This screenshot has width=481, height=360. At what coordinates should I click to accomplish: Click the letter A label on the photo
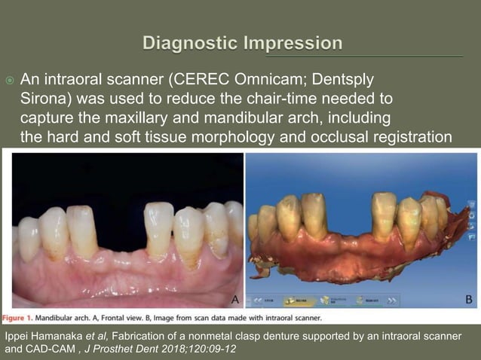235,300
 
